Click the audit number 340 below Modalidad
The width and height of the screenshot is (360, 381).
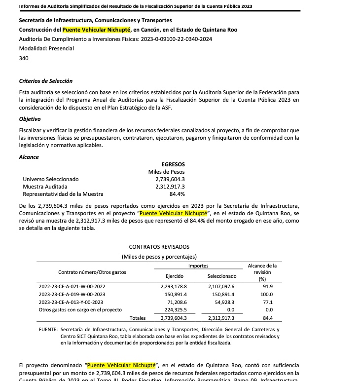(x=24, y=58)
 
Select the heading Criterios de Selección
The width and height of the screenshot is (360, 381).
(x=45, y=81)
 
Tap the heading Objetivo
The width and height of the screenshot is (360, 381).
(x=30, y=119)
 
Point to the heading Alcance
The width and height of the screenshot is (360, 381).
(x=29, y=157)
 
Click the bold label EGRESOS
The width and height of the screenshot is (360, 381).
(x=173, y=164)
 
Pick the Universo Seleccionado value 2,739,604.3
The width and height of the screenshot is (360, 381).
(x=170, y=179)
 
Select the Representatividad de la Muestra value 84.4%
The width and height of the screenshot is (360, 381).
(x=177, y=194)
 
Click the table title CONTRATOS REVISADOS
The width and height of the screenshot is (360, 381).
(x=159, y=247)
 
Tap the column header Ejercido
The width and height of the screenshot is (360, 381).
(x=175, y=276)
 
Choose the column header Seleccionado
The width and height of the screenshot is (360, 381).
(x=221, y=276)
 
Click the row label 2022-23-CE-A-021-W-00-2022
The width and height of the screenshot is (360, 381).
(x=72, y=286)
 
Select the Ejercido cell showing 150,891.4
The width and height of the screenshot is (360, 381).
(x=173, y=294)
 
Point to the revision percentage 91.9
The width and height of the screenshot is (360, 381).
(x=268, y=286)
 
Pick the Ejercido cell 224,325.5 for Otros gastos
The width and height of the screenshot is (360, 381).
(x=173, y=310)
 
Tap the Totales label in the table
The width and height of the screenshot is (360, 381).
(x=137, y=318)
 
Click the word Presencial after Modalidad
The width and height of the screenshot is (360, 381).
(x=60, y=48)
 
